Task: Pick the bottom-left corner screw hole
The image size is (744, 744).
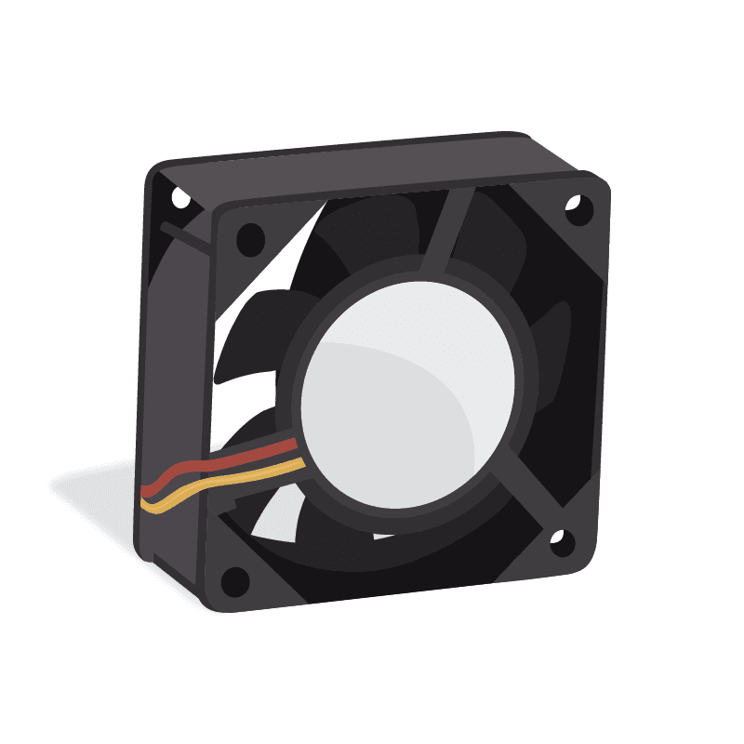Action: pos(236,580)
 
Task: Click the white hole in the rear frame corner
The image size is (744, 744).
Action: pos(179,194)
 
